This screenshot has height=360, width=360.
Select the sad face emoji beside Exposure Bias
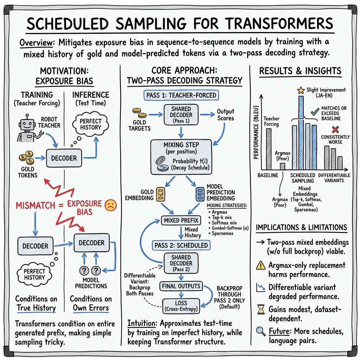pyautogui.click(x=110, y=205)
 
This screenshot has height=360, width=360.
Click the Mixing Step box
pyautogui.click(x=181, y=156)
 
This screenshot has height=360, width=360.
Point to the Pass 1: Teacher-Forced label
pyautogui.click(x=180, y=95)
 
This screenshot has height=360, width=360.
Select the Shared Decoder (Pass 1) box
pyautogui.click(x=181, y=114)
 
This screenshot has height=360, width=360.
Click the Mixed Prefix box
pyautogui.click(x=181, y=221)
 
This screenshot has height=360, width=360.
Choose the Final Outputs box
pyautogui.click(x=181, y=286)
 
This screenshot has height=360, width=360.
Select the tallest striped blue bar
pyautogui.click(x=301, y=133)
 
